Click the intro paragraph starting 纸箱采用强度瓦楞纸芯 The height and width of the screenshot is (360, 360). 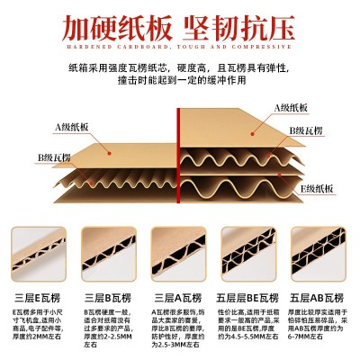coord(180,85)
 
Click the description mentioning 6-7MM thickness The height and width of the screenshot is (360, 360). coord(319,328)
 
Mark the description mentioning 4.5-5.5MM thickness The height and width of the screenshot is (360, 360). coord(249,328)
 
